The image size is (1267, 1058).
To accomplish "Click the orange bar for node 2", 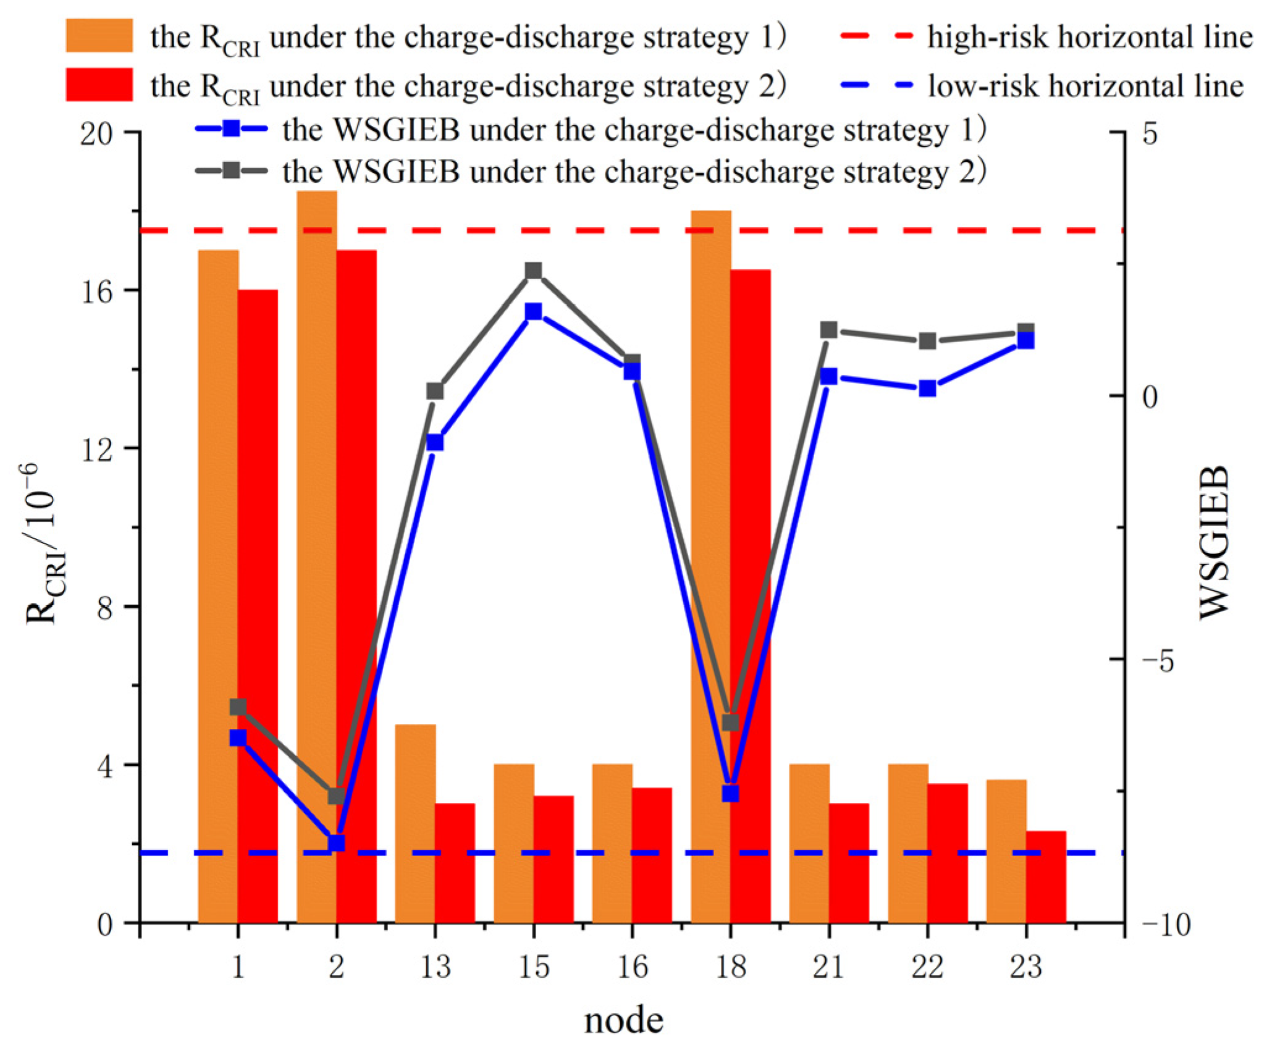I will point(316,556).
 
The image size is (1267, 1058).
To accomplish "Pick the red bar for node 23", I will point(1045,876).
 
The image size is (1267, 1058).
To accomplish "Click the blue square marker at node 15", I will point(533,311).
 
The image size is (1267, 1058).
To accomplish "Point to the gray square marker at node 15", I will point(533,271).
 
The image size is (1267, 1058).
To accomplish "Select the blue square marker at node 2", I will point(336,842).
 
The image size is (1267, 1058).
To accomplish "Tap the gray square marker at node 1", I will point(238,707).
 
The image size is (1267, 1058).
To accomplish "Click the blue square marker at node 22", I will point(927,388).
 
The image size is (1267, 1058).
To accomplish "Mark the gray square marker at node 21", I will point(828,330).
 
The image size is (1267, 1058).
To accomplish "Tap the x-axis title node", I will point(623,1020).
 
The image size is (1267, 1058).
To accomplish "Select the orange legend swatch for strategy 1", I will point(99,35).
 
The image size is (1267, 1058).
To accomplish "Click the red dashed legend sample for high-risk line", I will point(876,36).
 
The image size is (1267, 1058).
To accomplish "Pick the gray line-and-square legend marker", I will point(231,170).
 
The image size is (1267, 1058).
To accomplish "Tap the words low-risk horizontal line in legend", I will point(1085,86).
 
